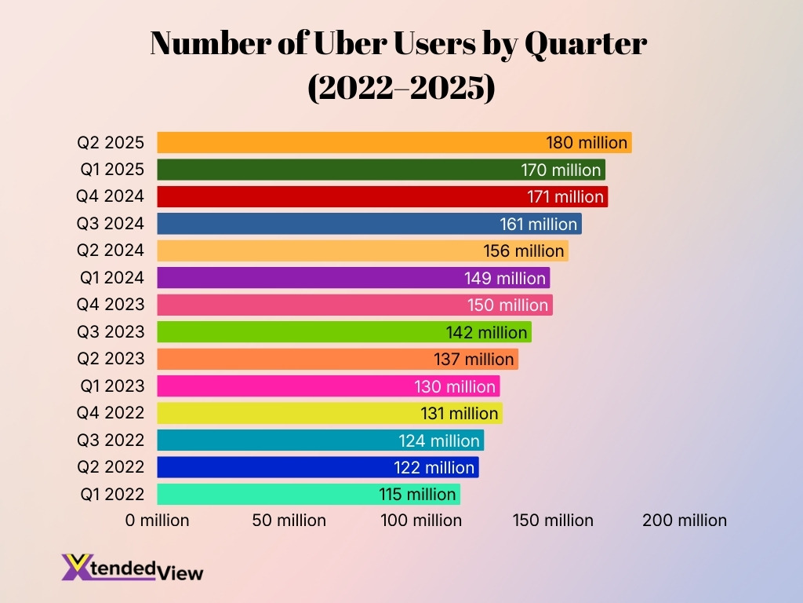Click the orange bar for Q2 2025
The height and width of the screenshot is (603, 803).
tap(353, 143)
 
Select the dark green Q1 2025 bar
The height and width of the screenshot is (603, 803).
tap(337, 170)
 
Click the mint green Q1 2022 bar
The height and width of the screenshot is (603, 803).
tap(267, 494)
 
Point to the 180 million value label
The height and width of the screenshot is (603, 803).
tap(587, 143)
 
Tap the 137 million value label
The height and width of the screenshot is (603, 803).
tap(474, 359)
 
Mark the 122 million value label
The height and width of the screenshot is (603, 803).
tap(434, 467)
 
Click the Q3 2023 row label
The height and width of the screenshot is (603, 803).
tap(111, 332)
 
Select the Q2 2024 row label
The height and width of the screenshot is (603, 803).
tap(111, 250)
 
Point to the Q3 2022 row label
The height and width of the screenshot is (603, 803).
tap(111, 440)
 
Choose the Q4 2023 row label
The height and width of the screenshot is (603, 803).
tap(111, 305)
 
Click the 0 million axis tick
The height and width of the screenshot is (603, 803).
tap(157, 521)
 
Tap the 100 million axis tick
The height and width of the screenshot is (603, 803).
tap(421, 521)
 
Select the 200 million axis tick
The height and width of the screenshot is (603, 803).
tap(685, 521)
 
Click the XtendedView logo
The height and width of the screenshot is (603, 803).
tap(132, 567)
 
